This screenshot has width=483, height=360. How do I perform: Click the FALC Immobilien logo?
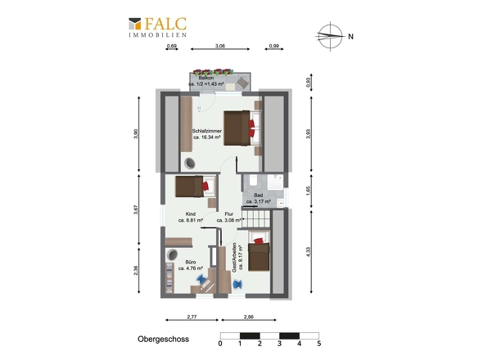click(x=158, y=27)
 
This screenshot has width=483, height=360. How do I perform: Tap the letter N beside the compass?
click(x=350, y=36)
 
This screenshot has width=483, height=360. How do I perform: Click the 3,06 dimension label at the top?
click(x=219, y=46)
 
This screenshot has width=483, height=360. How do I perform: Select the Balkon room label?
click(x=206, y=78)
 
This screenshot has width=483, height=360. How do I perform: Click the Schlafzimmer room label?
click(x=206, y=131)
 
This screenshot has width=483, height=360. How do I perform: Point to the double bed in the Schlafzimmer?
click(x=243, y=128)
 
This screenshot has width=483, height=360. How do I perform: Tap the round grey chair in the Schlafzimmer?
click(x=190, y=163)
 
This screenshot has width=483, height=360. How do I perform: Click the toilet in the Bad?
click(x=253, y=181)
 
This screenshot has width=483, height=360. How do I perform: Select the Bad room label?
click(x=259, y=196)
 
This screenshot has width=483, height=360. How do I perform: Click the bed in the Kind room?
click(x=196, y=187)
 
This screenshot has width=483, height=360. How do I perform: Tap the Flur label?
click(x=229, y=214)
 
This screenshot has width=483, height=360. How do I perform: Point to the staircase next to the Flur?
click(x=255, y=218)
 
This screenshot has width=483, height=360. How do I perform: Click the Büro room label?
click(x=191, y=262)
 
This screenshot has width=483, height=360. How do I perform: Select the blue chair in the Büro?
click(x=201, y=280)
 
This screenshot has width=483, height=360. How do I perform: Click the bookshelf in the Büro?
click(x=169, y=278)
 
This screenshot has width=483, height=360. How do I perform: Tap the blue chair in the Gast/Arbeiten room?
click(x=237, y=284)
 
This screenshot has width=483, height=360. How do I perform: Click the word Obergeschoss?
click(x=163, y=339)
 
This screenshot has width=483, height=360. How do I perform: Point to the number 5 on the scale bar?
click(x=319, y=344)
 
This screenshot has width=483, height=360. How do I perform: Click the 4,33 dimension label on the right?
click(x=309, y=252)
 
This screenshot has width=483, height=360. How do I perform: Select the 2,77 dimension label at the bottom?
click(x=192, y=317)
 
